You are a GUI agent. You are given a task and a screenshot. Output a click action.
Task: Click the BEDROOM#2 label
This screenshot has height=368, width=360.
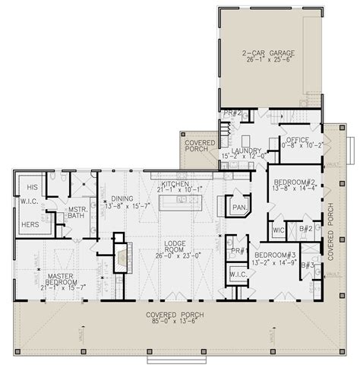pos(291,182)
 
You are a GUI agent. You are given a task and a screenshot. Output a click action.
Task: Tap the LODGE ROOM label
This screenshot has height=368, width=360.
pos(174,245)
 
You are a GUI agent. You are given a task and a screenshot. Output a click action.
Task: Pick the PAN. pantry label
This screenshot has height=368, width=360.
pos(238,205)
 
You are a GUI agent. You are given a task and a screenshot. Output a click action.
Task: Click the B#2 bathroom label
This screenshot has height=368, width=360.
pos(307,227)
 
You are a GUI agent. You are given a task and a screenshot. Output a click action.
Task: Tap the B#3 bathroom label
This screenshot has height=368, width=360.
pos(307,265)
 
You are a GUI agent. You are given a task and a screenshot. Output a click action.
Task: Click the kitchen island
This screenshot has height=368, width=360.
pos(179,202)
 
